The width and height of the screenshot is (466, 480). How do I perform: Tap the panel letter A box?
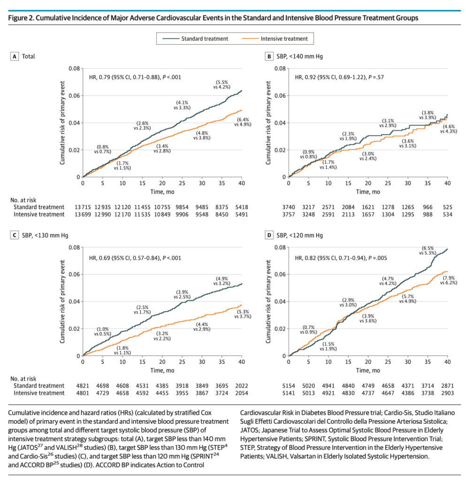(15, 57)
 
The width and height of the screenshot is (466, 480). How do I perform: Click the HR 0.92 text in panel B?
(342, 77)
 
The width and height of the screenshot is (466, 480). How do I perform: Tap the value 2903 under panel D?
(448, 393)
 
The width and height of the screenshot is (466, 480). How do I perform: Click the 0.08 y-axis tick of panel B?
(280, 68)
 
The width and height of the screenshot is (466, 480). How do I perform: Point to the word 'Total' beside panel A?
(29, 57)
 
